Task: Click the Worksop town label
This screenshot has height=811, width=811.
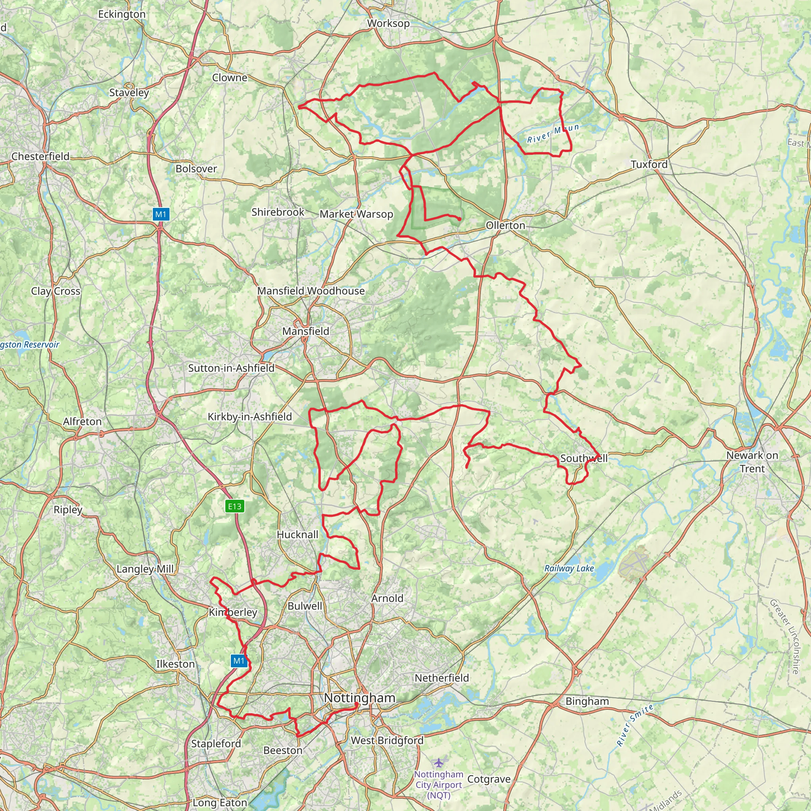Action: [x=388, y=23]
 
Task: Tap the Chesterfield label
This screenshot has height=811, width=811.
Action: [x=40, y=156]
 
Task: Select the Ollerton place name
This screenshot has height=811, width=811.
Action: [x=505, y=225]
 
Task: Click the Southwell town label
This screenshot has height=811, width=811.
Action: [x=583, y=458]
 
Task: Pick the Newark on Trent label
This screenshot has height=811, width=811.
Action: [x=752, y=462]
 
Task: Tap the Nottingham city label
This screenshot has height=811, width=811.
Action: [x=360, y=698]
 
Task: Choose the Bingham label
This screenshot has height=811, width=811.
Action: [x=587, y=701]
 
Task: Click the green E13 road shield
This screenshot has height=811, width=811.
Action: [x=235, y=506]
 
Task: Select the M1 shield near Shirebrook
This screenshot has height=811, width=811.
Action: [x=161, y=215]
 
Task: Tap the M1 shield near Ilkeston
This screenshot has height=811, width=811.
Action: [x=239, y=661]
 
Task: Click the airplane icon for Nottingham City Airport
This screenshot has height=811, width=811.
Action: [x=439, y=762]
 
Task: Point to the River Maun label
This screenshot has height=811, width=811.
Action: [x=553, y=133]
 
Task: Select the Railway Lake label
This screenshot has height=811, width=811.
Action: [x=569, y=568]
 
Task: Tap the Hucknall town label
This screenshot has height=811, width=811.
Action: [x=297, y=534]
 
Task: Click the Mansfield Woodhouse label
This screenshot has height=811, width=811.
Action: [x=310, y=291]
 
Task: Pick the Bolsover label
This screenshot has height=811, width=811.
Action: [x=196, y=169]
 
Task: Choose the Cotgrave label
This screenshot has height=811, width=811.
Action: [x=489, y=779]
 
